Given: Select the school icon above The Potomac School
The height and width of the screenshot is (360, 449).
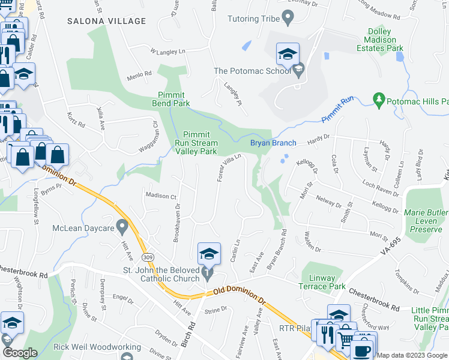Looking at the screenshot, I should click(288, 55).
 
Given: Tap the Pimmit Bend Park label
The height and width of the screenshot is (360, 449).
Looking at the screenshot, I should click(174, 99).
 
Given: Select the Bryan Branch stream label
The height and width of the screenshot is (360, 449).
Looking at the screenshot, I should click(273, 143).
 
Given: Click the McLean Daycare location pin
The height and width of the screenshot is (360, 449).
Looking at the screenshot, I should click(122, 227).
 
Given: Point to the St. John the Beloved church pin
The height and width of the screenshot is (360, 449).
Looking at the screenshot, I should click(208, 273).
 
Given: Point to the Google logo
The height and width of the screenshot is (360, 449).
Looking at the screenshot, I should click(20, 353).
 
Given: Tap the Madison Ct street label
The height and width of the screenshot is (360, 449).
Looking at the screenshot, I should click(160, 196).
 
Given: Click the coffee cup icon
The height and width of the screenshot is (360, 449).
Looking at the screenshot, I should click(363, 349).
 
